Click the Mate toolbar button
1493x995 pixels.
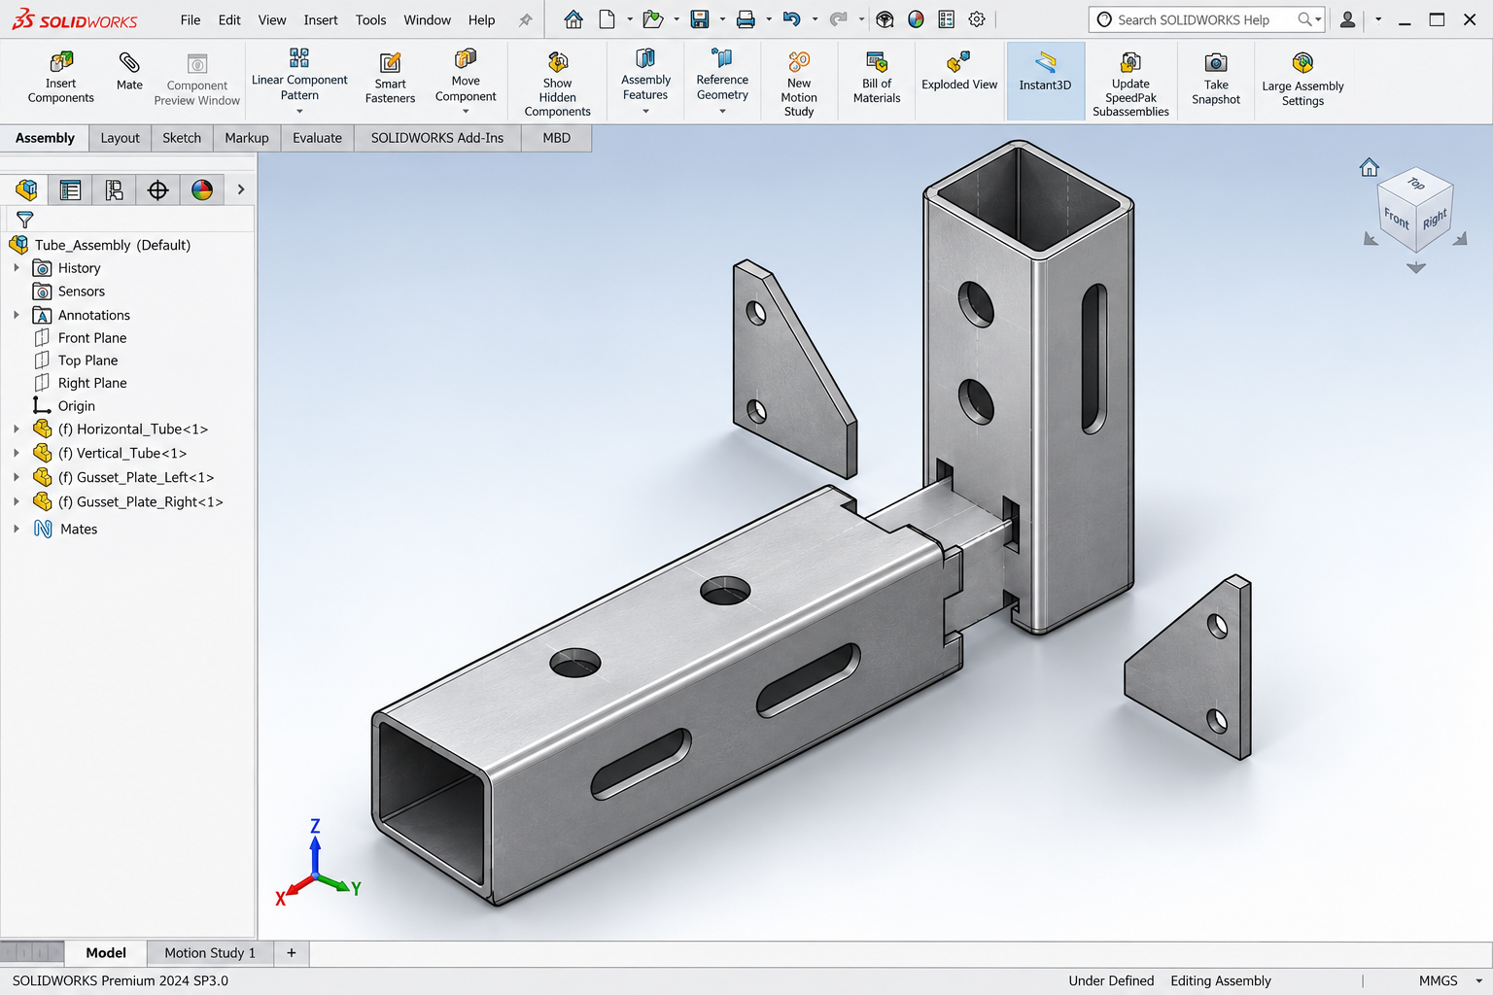click(129, 72)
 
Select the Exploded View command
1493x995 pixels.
click(959, 72)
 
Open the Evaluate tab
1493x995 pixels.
click(317, 138)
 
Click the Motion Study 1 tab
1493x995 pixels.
click(210, 953)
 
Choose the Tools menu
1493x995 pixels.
click(370, 20)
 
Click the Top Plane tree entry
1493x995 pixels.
click(87, 360)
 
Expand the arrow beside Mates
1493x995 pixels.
click(17, 529)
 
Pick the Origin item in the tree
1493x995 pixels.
click(76, 406)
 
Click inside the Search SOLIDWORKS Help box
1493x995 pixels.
click(1193, 20)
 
